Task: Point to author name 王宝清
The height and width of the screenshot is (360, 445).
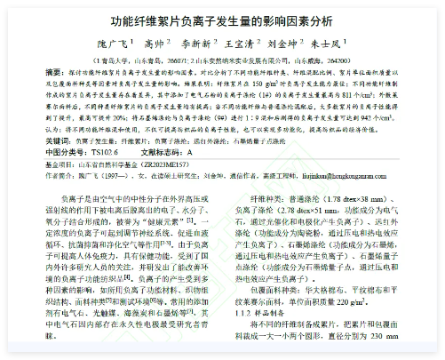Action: coord(243,42)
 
